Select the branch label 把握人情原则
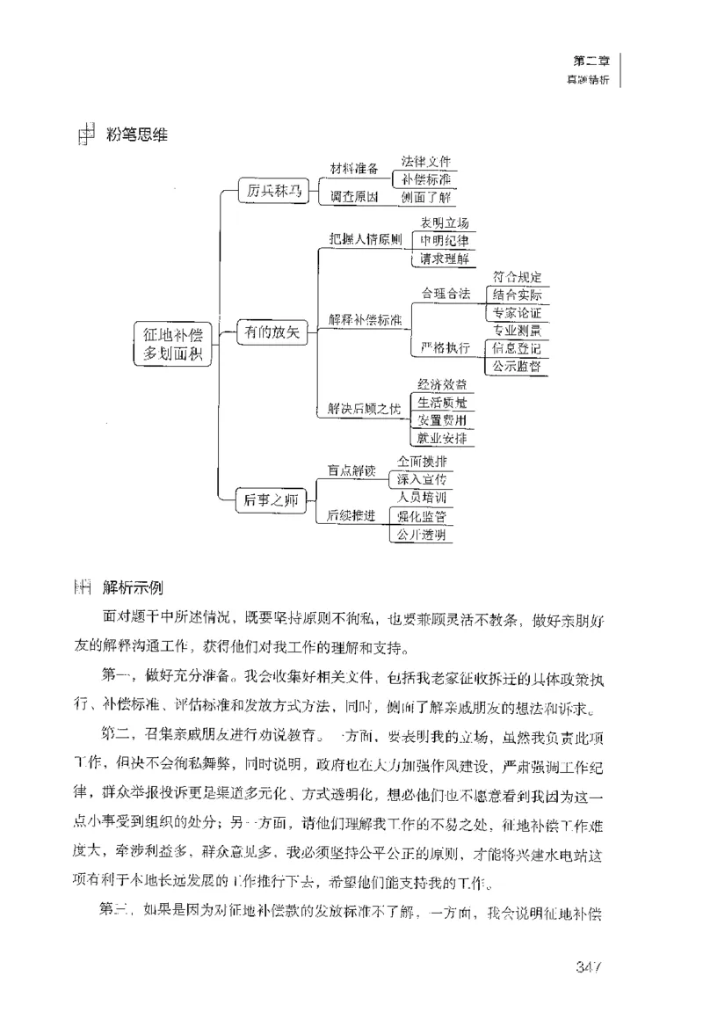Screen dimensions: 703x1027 (x=366, y=239)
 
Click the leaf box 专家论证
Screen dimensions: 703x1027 (x=516, y=312)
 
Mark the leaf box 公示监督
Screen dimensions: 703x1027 (x=516, y=366)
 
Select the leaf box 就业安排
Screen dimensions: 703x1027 (x=442, y=437)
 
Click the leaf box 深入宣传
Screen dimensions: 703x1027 (x=421, y=479)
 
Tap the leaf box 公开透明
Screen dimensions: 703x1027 (x=421, y=534)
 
